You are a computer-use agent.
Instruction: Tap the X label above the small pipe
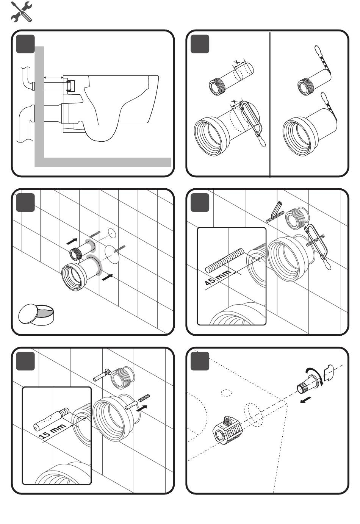[237, 62]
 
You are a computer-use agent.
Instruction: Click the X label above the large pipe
[235, 102]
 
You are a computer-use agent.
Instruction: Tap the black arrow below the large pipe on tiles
[108, 278]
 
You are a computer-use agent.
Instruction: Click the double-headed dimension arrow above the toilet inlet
[53, 77]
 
